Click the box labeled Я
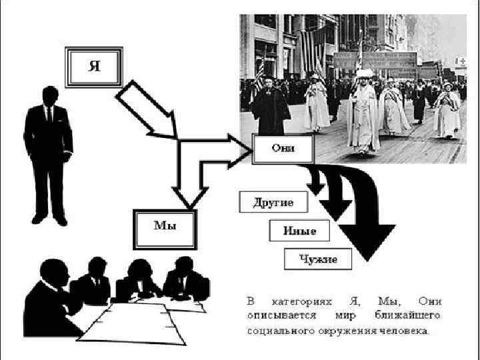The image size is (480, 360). point(94,67)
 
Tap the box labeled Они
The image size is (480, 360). point(283,149)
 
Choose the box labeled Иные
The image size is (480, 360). point(299,231)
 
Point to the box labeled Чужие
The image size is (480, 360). point(319,259)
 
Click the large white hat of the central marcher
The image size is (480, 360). point(365,73)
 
